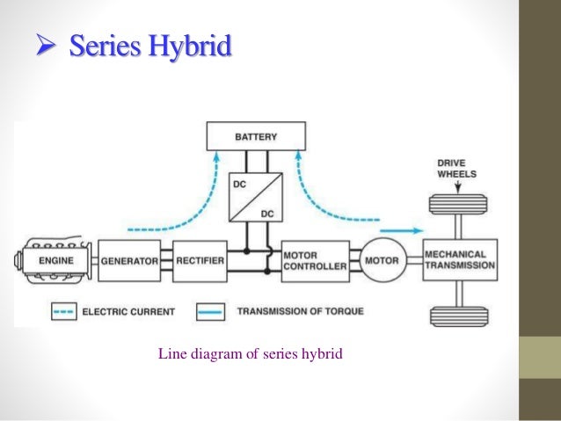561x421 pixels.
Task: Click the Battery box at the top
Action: point(256,136)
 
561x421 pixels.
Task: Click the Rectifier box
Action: point(200,260)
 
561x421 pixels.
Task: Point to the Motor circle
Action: point(381,260)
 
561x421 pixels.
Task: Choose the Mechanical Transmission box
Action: point(460,260)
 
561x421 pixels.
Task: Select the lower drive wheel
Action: point(460,314)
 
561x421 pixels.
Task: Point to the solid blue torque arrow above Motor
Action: point(401,230)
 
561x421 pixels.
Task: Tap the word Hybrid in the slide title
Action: point(190,46)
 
